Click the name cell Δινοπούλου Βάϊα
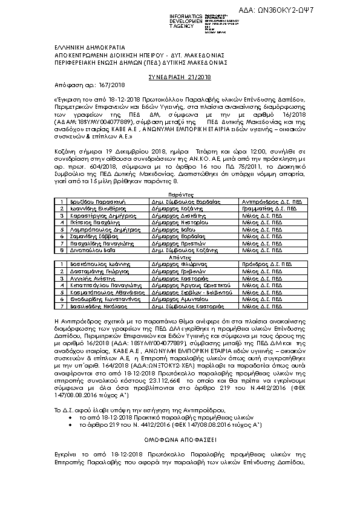coord(87,250)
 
